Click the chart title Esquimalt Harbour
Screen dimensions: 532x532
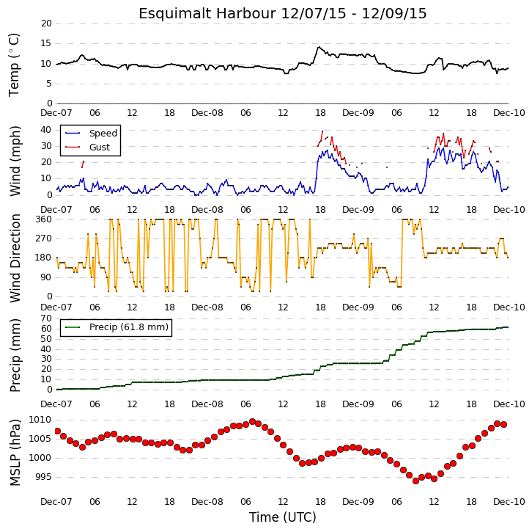pos(207,14)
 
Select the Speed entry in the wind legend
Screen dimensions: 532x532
pos(103,133)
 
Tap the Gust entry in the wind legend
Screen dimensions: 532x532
pos(100,147)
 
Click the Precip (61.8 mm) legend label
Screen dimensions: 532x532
pos(129,327)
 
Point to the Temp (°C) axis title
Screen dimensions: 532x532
pos(14,65)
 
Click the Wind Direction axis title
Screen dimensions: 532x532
pos(15,258)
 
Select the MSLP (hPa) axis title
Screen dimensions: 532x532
pos(15,453)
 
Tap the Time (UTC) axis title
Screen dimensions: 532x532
pos(283,517)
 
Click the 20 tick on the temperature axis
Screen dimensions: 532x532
pos(46,23)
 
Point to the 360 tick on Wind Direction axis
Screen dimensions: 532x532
pos(44,219)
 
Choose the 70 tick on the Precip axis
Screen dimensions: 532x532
pos(46,318)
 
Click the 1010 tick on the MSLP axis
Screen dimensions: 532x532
pos(40,420)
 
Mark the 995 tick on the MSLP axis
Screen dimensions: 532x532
pos(43,477)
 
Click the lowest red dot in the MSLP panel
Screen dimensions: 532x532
pos(416,481)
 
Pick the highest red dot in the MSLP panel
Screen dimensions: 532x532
pos(252,422)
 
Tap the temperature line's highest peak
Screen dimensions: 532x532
pos(319,47)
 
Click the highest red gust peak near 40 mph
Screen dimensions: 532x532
pos(322,131)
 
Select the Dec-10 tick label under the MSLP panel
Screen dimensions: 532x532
pos(509,502)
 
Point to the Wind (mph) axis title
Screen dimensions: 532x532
pos(15,161)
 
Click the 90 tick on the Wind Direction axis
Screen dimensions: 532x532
pos(46,277)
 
